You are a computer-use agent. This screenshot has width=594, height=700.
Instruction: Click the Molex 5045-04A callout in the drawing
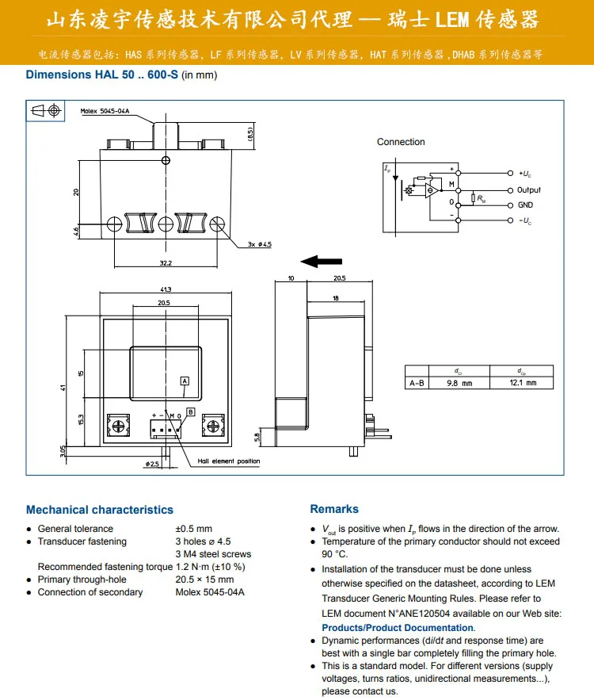[105, 112]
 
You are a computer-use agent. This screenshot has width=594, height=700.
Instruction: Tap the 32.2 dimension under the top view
[165, 262]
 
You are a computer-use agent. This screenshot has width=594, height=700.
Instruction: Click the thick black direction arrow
[322, 262]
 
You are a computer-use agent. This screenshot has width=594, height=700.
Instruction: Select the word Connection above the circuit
[401, 142]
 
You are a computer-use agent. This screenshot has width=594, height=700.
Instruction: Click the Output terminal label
[529, 190]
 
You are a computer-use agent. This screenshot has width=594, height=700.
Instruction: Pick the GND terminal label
[525, 205]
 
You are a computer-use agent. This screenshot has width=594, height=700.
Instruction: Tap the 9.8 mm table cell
[459, 383]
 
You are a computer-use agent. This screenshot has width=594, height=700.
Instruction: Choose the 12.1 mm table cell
[522, 383]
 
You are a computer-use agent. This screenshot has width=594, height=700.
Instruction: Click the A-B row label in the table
[416, 383]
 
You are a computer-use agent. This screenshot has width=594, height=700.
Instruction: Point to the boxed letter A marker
[185, 381]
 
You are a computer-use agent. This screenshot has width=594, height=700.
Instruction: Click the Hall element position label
[229, 461]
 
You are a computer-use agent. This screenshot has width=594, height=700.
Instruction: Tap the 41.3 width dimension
[165, 289]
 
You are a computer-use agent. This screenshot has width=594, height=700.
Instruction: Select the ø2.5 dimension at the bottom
[154, 463]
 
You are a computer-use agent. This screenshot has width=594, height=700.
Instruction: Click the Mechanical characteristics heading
[99, 510]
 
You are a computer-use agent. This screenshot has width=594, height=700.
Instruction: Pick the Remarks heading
[334, 509]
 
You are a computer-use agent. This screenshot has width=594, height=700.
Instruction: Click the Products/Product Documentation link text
[398, 628]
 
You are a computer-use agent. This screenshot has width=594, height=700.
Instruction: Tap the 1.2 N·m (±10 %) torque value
[210, 567]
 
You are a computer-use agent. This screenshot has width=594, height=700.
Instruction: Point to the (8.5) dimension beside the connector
[250, 134]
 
